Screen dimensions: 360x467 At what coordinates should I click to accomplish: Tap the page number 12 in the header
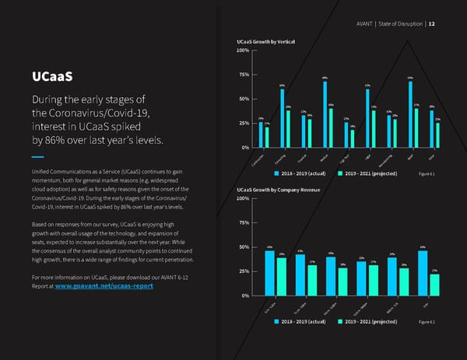[x=431, y=23]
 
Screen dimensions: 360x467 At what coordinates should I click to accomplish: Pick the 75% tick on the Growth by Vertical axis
[x=242, y=75]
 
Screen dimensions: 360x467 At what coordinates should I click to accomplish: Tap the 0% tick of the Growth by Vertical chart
[x=244, y=147]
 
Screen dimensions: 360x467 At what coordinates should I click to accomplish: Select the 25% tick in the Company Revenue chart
[x=243, y=271]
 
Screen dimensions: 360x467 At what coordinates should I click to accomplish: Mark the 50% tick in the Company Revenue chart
[x=243, y=247]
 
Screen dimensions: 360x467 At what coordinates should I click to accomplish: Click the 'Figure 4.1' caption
[x=427, y=173]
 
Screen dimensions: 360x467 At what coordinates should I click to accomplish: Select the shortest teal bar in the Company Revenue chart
[x=434, y=285]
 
